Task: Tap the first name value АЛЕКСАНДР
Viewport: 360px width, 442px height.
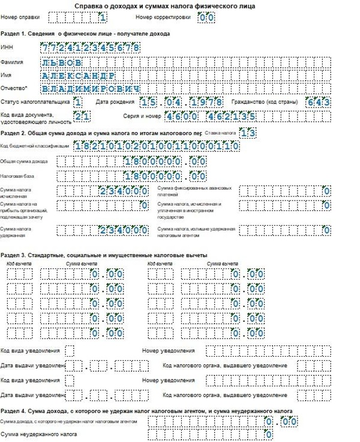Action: [x=77, y=75]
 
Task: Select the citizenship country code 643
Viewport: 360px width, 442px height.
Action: [x=317, y=102]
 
